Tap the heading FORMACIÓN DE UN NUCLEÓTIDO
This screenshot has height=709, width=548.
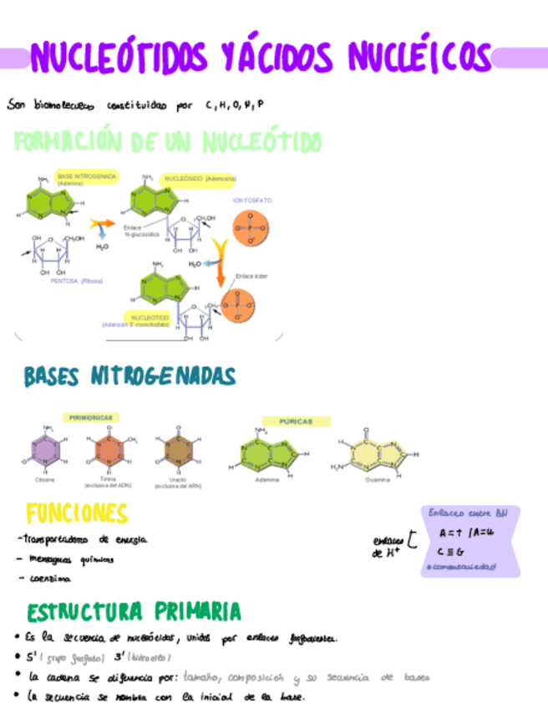tap(167, 141)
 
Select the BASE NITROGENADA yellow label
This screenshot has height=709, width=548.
tap(86, 178)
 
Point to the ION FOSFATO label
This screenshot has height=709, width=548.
tap(251, 201)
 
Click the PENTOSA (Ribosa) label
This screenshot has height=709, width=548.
tap(76, 281)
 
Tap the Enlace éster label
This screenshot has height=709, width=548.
tap(251, 275)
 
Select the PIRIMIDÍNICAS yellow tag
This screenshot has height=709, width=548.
tap(92, 416)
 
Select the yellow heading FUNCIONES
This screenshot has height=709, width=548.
tap(76, 513)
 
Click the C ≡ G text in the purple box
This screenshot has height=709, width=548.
tap(450, 551)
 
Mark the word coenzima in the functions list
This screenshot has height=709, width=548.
tap(49, 578)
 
